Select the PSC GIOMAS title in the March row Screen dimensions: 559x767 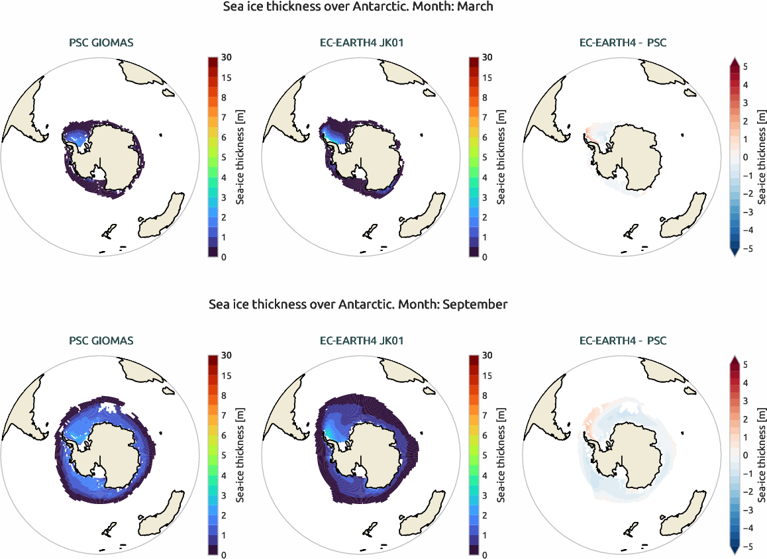(x=101, y=43)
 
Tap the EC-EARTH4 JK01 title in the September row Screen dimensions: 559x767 (x=362, y=340)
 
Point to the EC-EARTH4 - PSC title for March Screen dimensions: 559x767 (x=623, y=43)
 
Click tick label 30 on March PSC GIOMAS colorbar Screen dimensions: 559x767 (x=227, y=58)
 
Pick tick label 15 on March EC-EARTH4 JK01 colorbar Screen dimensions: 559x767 (x=487, y=78)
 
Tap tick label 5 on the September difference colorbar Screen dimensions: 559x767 (x=745, y=364)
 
